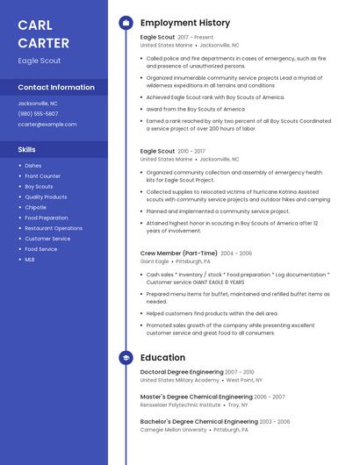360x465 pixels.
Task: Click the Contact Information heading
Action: point(56,88)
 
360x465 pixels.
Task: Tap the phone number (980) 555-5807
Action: point(39,114)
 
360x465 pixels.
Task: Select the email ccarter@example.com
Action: point(47,125)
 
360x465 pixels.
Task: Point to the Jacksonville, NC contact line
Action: point(38,104)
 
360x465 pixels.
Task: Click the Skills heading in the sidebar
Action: point(27,150)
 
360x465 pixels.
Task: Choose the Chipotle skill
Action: point(35,207)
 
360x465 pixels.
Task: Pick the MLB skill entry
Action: point(30,260)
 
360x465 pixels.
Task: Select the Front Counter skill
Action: point(42,176)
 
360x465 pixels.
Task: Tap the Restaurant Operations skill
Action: point(54,228)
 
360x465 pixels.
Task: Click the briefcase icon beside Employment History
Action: point(126,23)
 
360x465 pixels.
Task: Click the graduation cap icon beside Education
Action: point(126,358)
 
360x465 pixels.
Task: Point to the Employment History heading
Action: point(185,23)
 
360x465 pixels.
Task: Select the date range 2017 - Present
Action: point(195,38)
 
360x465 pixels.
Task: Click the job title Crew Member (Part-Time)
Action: point(179,253)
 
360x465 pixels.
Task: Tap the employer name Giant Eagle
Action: point(155,261)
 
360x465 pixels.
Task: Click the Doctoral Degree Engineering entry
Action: point(182,372)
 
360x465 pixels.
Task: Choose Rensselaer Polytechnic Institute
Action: point(180,405)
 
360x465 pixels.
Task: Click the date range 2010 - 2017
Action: point(192,151)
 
